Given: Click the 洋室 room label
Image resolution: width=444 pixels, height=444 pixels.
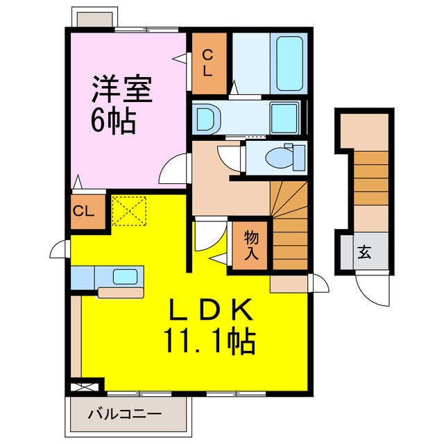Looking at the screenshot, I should (122, 91).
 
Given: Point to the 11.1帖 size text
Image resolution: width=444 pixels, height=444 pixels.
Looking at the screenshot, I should (209, 341).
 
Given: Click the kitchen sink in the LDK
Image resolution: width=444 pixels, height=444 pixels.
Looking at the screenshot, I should (125, 277).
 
